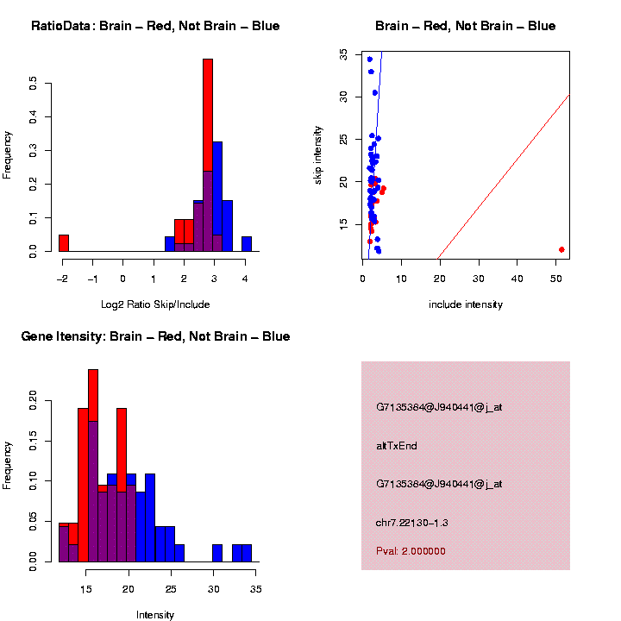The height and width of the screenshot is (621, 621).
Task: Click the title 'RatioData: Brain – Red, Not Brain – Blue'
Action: [155, 26]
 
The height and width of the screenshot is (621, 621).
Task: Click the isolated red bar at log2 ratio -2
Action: [64, 242]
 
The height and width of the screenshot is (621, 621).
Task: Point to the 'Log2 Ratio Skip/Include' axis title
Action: [154, 304]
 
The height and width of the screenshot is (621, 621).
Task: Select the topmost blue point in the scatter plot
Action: [369, 60]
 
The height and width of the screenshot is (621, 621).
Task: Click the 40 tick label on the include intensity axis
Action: [517, 278]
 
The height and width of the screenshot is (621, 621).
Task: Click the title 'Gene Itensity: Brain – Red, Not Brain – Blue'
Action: [155, 336]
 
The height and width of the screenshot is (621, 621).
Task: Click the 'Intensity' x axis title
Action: [154, 615]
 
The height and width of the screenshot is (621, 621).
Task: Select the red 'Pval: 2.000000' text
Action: [411, 551]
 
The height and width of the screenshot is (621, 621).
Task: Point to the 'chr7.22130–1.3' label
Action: [412, 523]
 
